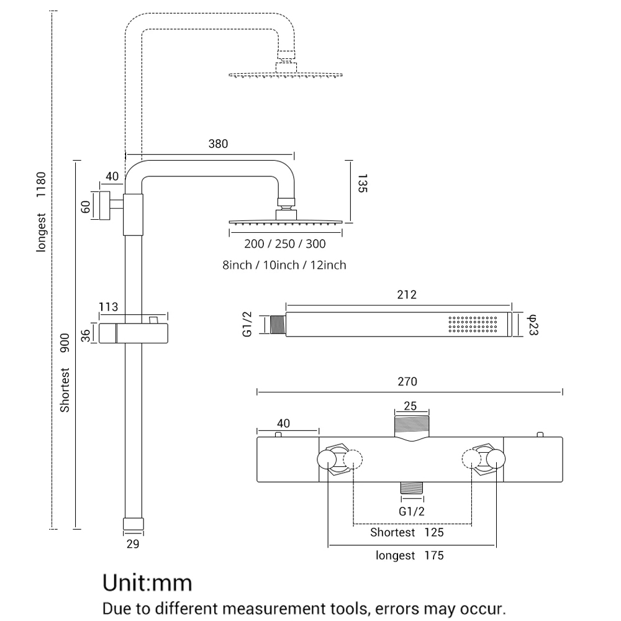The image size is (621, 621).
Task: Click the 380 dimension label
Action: [x=218, y=144]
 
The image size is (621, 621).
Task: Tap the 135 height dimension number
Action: [x=362, y=183]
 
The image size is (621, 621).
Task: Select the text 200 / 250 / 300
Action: [x=285, y=243]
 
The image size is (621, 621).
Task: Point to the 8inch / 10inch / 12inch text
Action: [x=284, y=265]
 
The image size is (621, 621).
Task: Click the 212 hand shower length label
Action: [x=407, y=294]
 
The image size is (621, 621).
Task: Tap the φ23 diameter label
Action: [x=533, y=325]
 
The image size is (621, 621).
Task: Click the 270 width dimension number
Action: [x=407, y=382]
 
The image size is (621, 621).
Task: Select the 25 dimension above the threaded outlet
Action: [x=410, y=406]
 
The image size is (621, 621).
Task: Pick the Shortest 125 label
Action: [x=407, y=532]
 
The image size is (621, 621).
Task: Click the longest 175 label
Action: [x=409, y=555]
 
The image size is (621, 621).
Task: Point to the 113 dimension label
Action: [x=108, y=307]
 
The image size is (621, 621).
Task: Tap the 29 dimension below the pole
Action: [x=133, y=544]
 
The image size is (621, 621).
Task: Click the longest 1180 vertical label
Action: [x=41, y=212]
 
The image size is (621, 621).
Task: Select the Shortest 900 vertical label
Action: [x=65, y=373]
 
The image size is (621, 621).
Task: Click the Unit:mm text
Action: [x=147, y=583]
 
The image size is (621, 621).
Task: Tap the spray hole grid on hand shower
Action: [x=473, y=324]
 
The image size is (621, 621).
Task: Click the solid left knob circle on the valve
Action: [x=327, y=460]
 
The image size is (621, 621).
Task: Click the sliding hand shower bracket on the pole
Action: [x=134, y=333]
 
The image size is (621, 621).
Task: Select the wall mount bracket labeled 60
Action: [x=104, y=206]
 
